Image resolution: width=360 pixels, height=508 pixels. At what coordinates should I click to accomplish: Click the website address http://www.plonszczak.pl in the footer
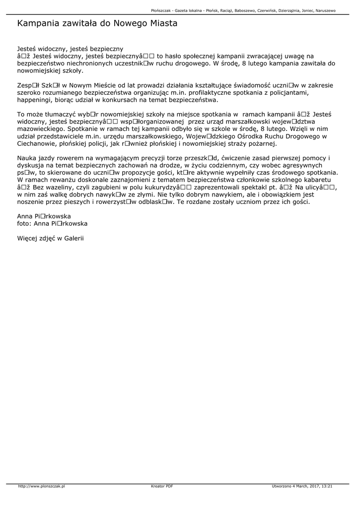pos(42,486)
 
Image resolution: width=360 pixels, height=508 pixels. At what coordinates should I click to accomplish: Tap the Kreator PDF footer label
pos(162,486)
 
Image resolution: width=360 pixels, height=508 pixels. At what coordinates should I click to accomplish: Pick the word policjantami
pos(303,93)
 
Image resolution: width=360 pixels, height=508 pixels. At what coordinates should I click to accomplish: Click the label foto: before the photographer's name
pos(24,224)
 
